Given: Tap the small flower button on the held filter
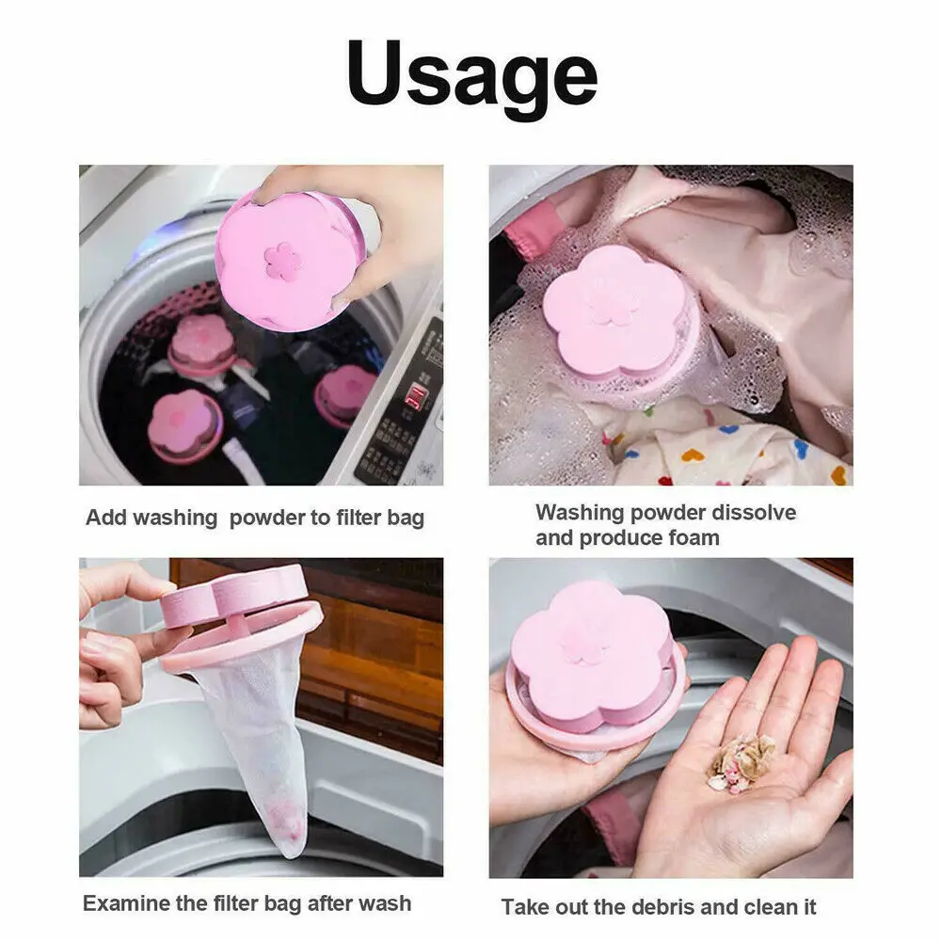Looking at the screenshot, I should [x=282, y=261].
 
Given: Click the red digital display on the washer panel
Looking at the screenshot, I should [x=411, y=394].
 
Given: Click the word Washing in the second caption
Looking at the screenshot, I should [x=580, y=513].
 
